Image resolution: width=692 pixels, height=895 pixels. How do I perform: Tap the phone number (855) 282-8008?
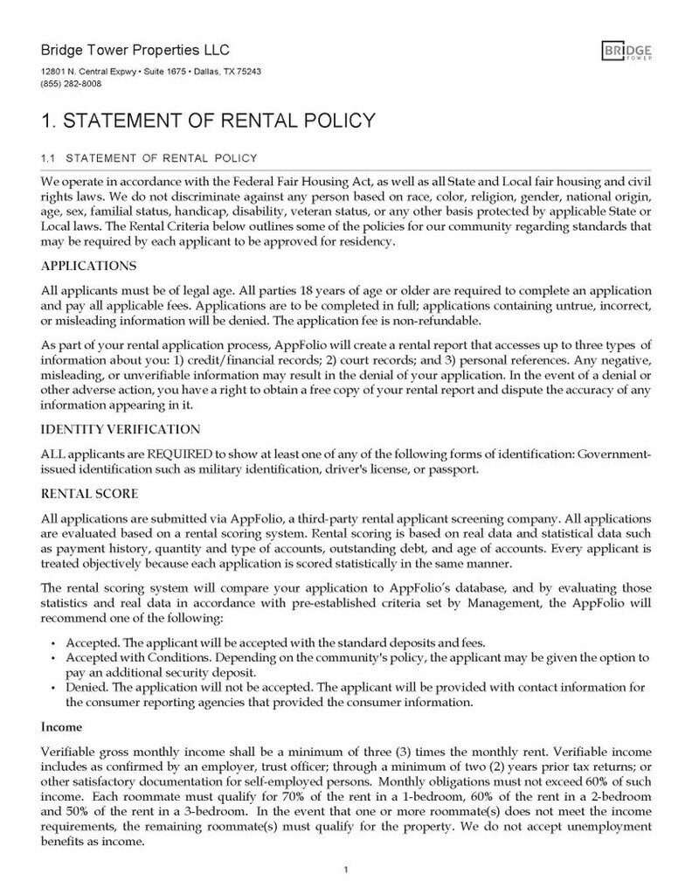71,84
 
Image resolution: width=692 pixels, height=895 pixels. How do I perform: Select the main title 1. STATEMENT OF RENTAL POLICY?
208,120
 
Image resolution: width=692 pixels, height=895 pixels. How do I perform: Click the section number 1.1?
49,158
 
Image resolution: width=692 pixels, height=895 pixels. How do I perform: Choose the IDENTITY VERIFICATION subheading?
121,429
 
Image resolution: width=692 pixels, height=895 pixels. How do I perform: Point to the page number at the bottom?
347,870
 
